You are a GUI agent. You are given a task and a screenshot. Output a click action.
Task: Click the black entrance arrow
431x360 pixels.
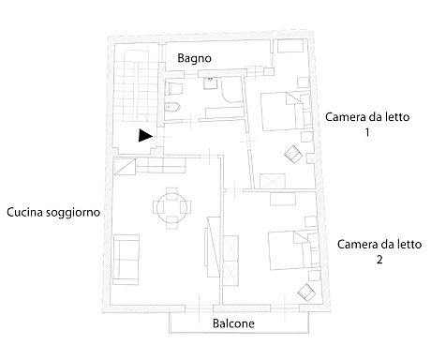[x=144, y=135]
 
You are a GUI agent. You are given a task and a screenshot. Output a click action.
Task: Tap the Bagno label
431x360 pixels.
[x=194, y=58]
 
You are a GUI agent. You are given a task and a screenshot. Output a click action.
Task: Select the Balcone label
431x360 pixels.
[x=233, y=323]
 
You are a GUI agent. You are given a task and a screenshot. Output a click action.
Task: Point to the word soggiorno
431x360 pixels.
[x=74, y=213]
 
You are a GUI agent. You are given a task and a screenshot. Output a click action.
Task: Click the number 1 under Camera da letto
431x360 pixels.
[x=366, y=134]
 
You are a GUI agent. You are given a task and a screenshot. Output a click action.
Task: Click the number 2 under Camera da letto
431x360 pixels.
[x=378, y=260]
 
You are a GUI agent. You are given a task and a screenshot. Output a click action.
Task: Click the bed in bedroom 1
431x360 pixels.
[x=280, y=110]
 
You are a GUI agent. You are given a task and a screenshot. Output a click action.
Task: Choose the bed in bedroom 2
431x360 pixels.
[x=289, y=247]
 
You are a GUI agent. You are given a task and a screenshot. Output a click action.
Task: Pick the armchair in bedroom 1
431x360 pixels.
[x=293, y=155]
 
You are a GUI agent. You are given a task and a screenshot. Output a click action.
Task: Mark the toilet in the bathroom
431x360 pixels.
[x=172, y=88]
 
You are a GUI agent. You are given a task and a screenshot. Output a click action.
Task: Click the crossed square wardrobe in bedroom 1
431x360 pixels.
[x=275, y=181]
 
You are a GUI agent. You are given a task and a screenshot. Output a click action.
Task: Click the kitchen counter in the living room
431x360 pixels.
[x=155, y=166]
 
